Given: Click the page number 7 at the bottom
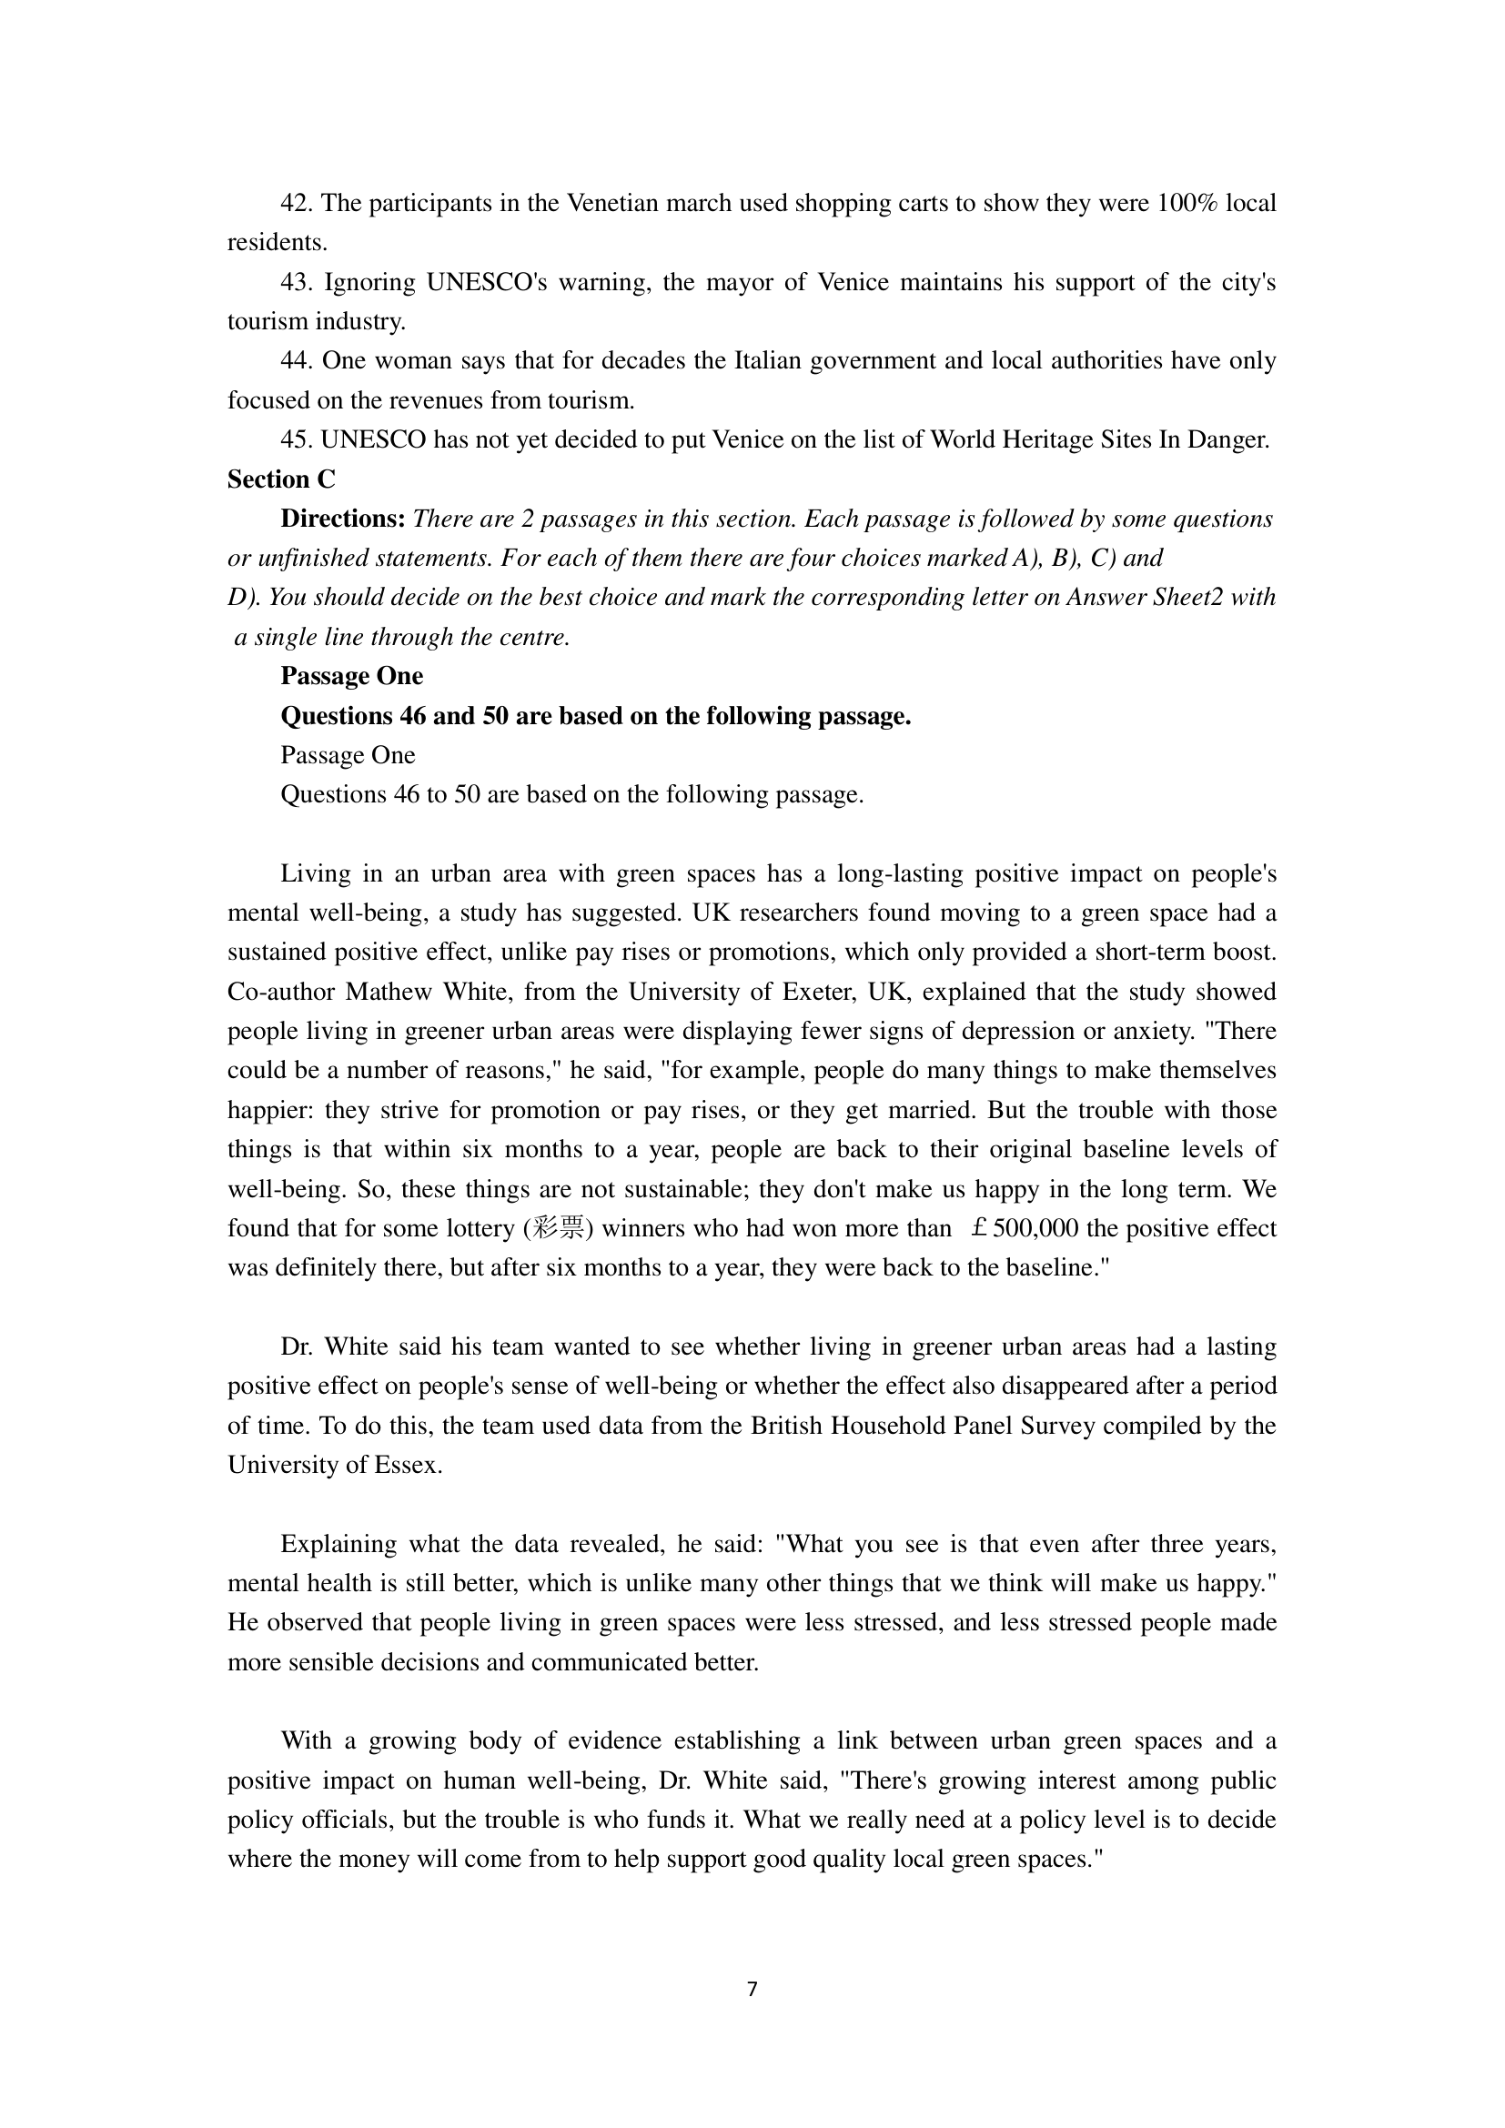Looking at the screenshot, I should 752,1989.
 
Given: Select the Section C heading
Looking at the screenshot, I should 282,479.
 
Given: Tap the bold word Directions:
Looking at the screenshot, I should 343,519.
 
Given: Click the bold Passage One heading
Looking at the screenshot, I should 352,677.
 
